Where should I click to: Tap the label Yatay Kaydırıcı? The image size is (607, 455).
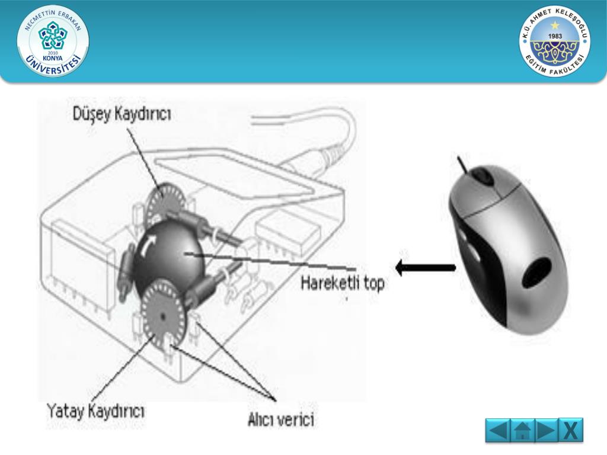[x=95, y=410]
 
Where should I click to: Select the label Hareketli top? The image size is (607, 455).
[x=343, y=283]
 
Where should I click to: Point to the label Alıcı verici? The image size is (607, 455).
[x=281, y=420]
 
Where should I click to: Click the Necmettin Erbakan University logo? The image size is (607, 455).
[x=53, y=41]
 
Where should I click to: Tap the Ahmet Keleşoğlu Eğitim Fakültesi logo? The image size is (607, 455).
[x=555, y=41]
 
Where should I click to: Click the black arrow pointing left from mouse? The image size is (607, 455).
[x=425, y=268]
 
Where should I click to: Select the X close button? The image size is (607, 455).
[x=571, y=430]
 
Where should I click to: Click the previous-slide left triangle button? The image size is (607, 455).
[x=497, y=430]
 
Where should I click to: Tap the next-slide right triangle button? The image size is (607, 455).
[x=547, y=430]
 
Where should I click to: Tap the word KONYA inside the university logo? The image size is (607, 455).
[x=53, y=57]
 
